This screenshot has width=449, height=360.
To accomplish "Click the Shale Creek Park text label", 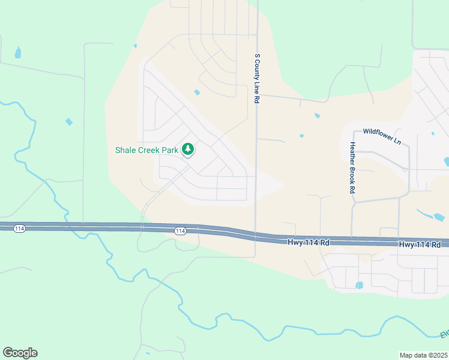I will point(147,149).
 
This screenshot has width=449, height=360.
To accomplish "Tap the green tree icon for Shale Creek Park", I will point(188,149).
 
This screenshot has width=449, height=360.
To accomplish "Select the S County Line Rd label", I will point(257,79).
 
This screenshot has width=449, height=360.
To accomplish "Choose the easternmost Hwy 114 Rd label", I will point(420,244).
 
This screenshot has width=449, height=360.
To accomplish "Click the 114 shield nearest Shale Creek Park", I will point(179,230).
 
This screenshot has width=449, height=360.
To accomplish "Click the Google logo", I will point(20,353).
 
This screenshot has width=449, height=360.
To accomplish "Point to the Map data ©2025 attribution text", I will point(424,355).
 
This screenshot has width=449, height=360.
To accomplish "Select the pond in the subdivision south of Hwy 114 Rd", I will point(360,285).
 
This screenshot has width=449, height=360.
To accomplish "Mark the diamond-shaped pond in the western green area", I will point(69,122).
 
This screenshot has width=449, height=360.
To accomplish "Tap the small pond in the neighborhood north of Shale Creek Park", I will point(197,92).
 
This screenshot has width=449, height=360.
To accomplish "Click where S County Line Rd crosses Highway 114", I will point(256,233).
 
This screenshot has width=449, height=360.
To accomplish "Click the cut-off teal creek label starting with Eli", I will point(444,334).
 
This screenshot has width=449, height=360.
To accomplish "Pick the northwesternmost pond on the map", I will point(17,53).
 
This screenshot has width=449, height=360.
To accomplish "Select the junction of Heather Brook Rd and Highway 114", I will point(352,239).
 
